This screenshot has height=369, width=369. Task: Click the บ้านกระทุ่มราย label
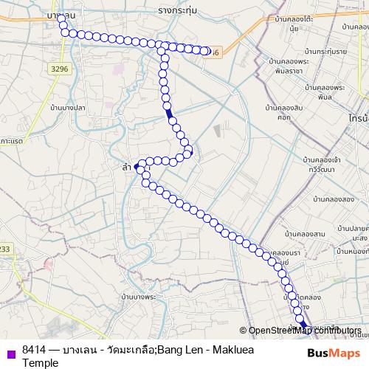[x=324, y=52]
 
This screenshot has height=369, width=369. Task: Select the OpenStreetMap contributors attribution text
[x=303, y=330]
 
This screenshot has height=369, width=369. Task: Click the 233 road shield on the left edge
[x=6, y=249]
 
